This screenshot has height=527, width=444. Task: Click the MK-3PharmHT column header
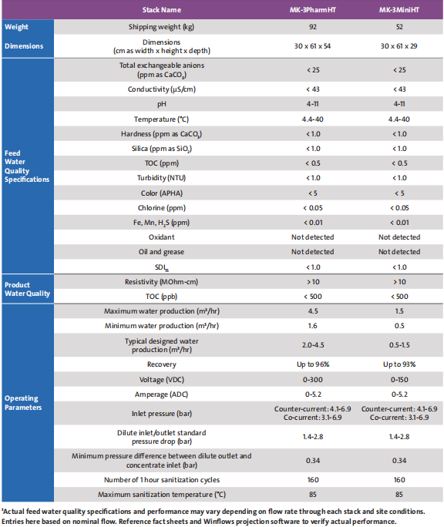(312, 10)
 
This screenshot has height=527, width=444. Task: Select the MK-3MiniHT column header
(399, 10)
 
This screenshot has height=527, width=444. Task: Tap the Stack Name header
(161, 10)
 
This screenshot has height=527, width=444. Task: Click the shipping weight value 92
(313, 27)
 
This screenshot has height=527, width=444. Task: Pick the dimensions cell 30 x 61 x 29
(399, 46)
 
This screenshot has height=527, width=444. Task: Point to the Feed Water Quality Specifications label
(26, 166)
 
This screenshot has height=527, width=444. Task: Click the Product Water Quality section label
(27, 289)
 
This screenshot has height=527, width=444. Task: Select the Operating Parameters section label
(23, 403)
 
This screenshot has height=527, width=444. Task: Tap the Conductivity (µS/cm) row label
(161, 89)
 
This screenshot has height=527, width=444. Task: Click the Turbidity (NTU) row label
(161, 178)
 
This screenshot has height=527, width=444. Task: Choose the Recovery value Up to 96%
(313, 364)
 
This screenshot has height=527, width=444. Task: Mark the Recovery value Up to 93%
(399, 364)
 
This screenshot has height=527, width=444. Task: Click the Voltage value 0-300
(313, 380)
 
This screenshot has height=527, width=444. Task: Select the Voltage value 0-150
(399, 380)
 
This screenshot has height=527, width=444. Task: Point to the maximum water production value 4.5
(313, 311)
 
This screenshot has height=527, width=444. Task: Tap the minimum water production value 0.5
(399, 326)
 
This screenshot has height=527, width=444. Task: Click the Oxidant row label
(161, 237)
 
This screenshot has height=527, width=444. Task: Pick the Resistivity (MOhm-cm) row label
(161, 282)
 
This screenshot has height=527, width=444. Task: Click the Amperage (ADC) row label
(161, 394)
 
